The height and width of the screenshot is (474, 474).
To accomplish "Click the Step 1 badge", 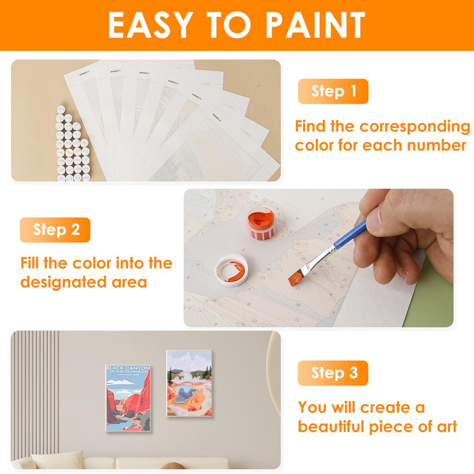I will [333, 91].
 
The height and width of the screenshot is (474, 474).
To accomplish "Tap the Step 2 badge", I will [55, 230].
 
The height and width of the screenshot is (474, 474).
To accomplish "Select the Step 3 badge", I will [333, 373].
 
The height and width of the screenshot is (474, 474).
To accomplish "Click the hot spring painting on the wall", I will [189, 384].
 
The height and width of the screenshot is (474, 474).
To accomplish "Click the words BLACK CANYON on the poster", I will [128, 368].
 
